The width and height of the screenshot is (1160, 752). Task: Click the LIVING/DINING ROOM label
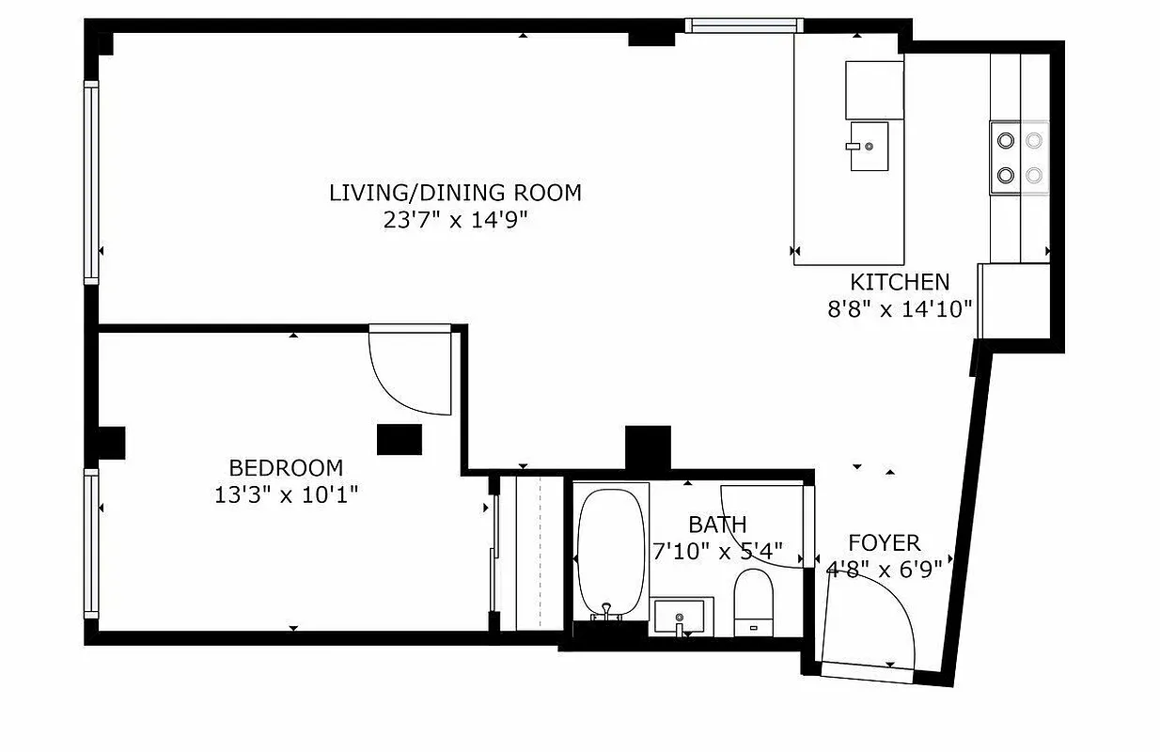pos(455,193)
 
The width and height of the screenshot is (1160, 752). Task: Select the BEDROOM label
pos(286,467)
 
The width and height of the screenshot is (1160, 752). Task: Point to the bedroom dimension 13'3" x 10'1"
pos(286,493)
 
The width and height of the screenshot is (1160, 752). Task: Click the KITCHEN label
pos(899,282)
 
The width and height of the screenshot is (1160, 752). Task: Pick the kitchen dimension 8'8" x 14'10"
pos(899,308)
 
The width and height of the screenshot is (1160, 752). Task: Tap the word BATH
pos(717,525)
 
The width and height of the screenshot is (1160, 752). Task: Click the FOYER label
pos(884,543)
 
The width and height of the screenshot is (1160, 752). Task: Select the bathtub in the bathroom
pos(611,551)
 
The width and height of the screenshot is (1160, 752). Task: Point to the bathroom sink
pos(682,618)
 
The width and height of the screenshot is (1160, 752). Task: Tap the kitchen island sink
pos(869,147)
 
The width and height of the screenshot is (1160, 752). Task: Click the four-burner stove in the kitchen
pos(1019,158)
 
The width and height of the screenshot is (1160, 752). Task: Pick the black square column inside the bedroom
pos(399,440)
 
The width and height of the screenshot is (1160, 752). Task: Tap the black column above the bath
pos(648,447)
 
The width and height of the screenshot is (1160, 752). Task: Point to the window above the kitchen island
pos(743,25)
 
